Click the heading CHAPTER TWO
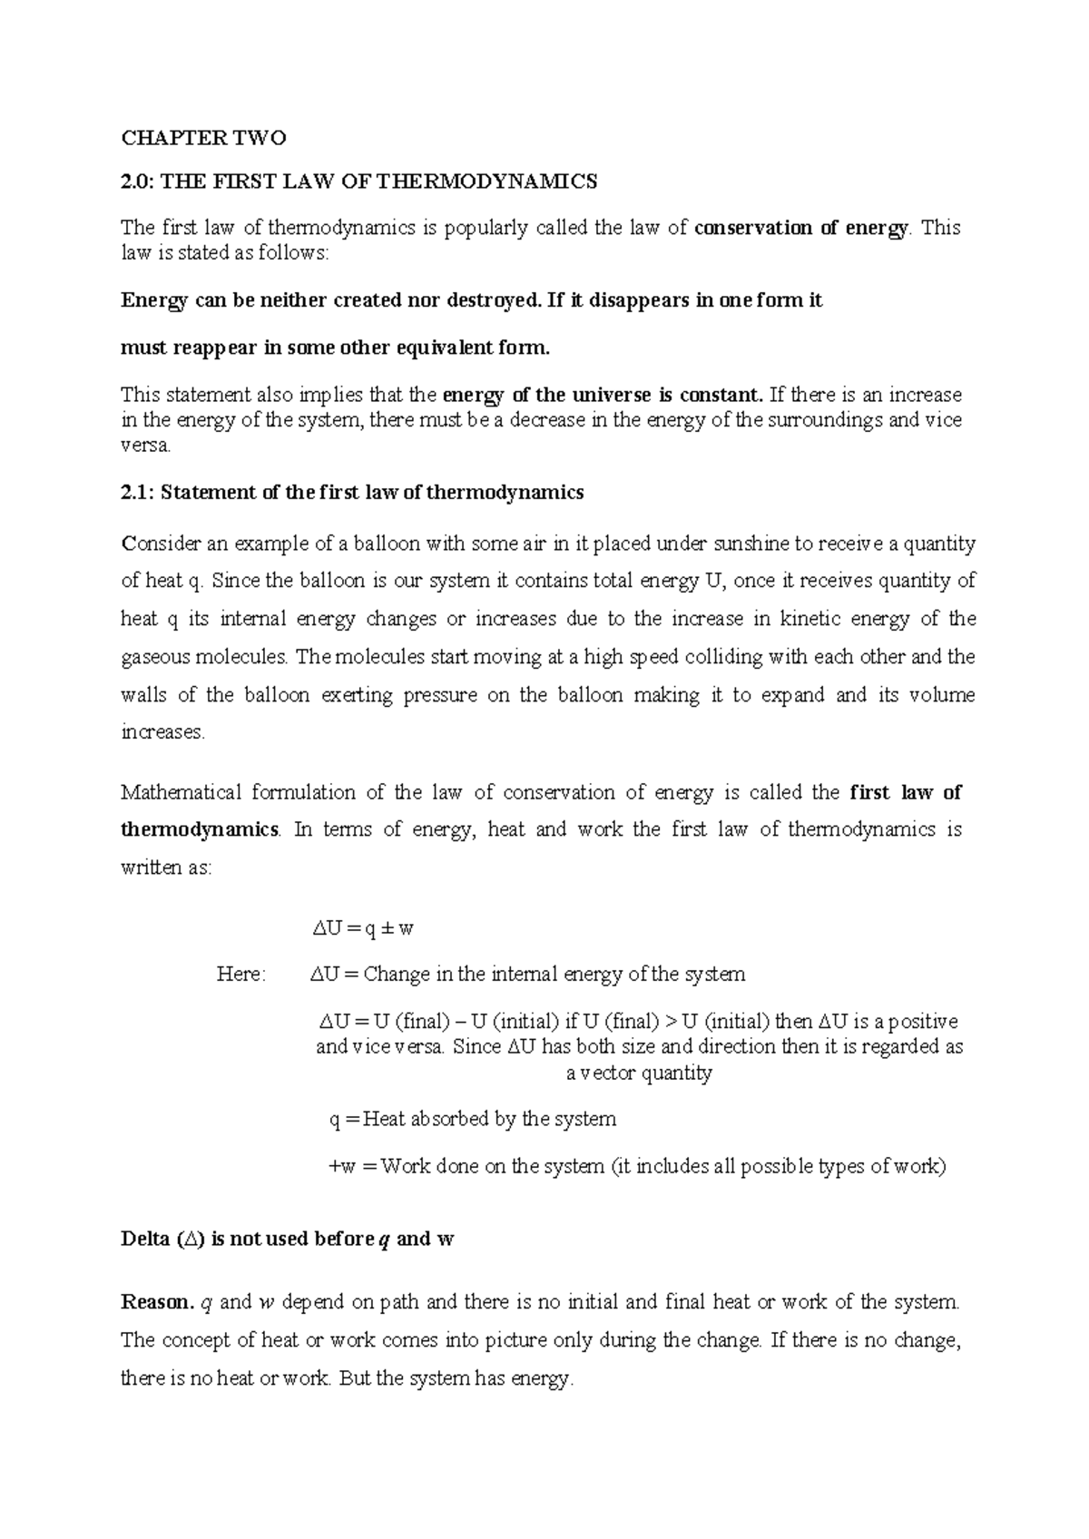click(203, 138)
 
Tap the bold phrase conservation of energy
click(800, 228)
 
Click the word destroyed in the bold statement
click(493, 300)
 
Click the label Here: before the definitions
click(241, 975)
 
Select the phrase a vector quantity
click(639, 1073)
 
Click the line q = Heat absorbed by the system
click(473, 1119)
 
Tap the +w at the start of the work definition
click(341, 1167)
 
